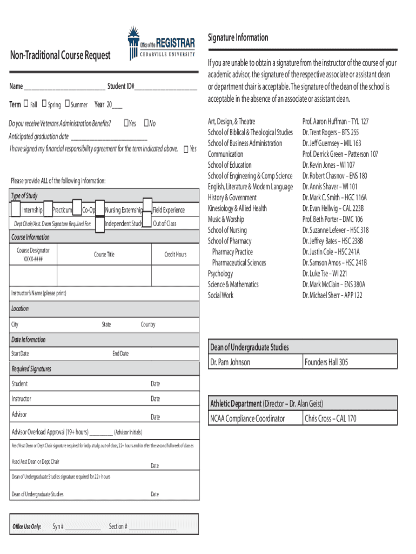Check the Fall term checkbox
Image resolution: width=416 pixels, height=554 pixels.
25,104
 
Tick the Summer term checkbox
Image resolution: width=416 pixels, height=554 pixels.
67,104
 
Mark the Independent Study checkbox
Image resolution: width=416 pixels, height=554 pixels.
99,224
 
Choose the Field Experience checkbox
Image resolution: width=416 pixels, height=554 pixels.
146,209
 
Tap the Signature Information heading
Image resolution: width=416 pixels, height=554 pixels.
238,37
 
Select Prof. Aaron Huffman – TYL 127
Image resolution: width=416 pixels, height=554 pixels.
336,122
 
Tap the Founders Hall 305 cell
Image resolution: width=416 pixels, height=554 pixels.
326,362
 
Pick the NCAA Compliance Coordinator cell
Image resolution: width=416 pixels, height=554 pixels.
247,418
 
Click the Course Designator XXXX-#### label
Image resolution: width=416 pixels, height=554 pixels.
33,255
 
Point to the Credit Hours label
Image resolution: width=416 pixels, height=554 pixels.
176,254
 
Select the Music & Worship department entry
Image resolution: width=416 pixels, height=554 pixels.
226,219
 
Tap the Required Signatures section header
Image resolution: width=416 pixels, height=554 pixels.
31,369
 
